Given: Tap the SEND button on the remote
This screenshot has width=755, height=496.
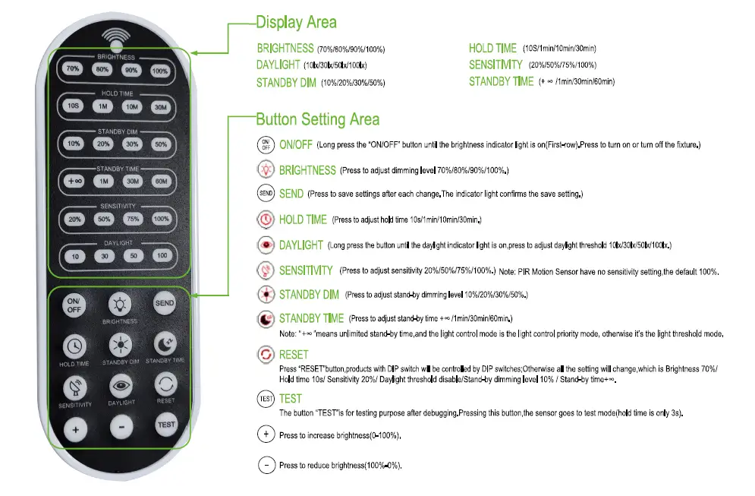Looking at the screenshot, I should click(x=165, y=303).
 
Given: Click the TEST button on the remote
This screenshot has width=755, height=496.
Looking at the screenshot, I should click(x=165, y=425).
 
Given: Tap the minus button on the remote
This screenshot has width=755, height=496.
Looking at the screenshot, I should click(x=121, y=427).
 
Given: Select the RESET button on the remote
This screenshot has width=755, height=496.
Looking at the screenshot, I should click(x=165, y=383).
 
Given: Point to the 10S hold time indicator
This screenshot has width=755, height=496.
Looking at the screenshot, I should click(x=73, y=106).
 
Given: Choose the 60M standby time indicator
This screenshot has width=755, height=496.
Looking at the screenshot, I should click(x=160, y=181).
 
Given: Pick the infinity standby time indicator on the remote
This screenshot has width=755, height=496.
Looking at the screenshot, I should click(x=74, y=181).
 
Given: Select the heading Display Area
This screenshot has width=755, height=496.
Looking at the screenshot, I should click(x=296, y=22).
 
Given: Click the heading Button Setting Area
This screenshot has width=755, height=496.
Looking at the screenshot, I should click(x=317, y=119).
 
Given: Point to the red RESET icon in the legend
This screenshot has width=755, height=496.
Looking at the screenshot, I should click(x=266, y=355).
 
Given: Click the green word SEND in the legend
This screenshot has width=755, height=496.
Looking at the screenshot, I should click(x=291, y=194).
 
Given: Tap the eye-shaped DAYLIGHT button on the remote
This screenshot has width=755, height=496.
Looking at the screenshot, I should click(x=121, y=385).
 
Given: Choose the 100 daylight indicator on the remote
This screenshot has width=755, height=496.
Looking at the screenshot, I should click(x=161, y=256).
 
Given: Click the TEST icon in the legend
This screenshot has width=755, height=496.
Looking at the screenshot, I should click(x=266, y=398).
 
